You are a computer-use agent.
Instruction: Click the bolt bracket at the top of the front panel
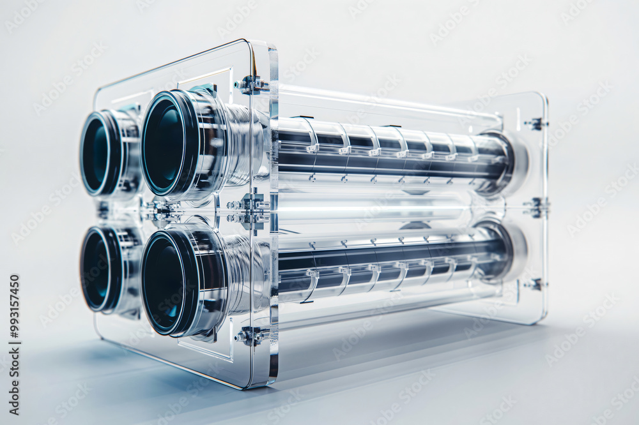point(250,84)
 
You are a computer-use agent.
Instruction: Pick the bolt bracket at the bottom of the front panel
point(250,335)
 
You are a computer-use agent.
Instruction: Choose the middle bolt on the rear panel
point(535,207)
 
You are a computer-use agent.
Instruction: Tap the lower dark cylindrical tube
point(390,258)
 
